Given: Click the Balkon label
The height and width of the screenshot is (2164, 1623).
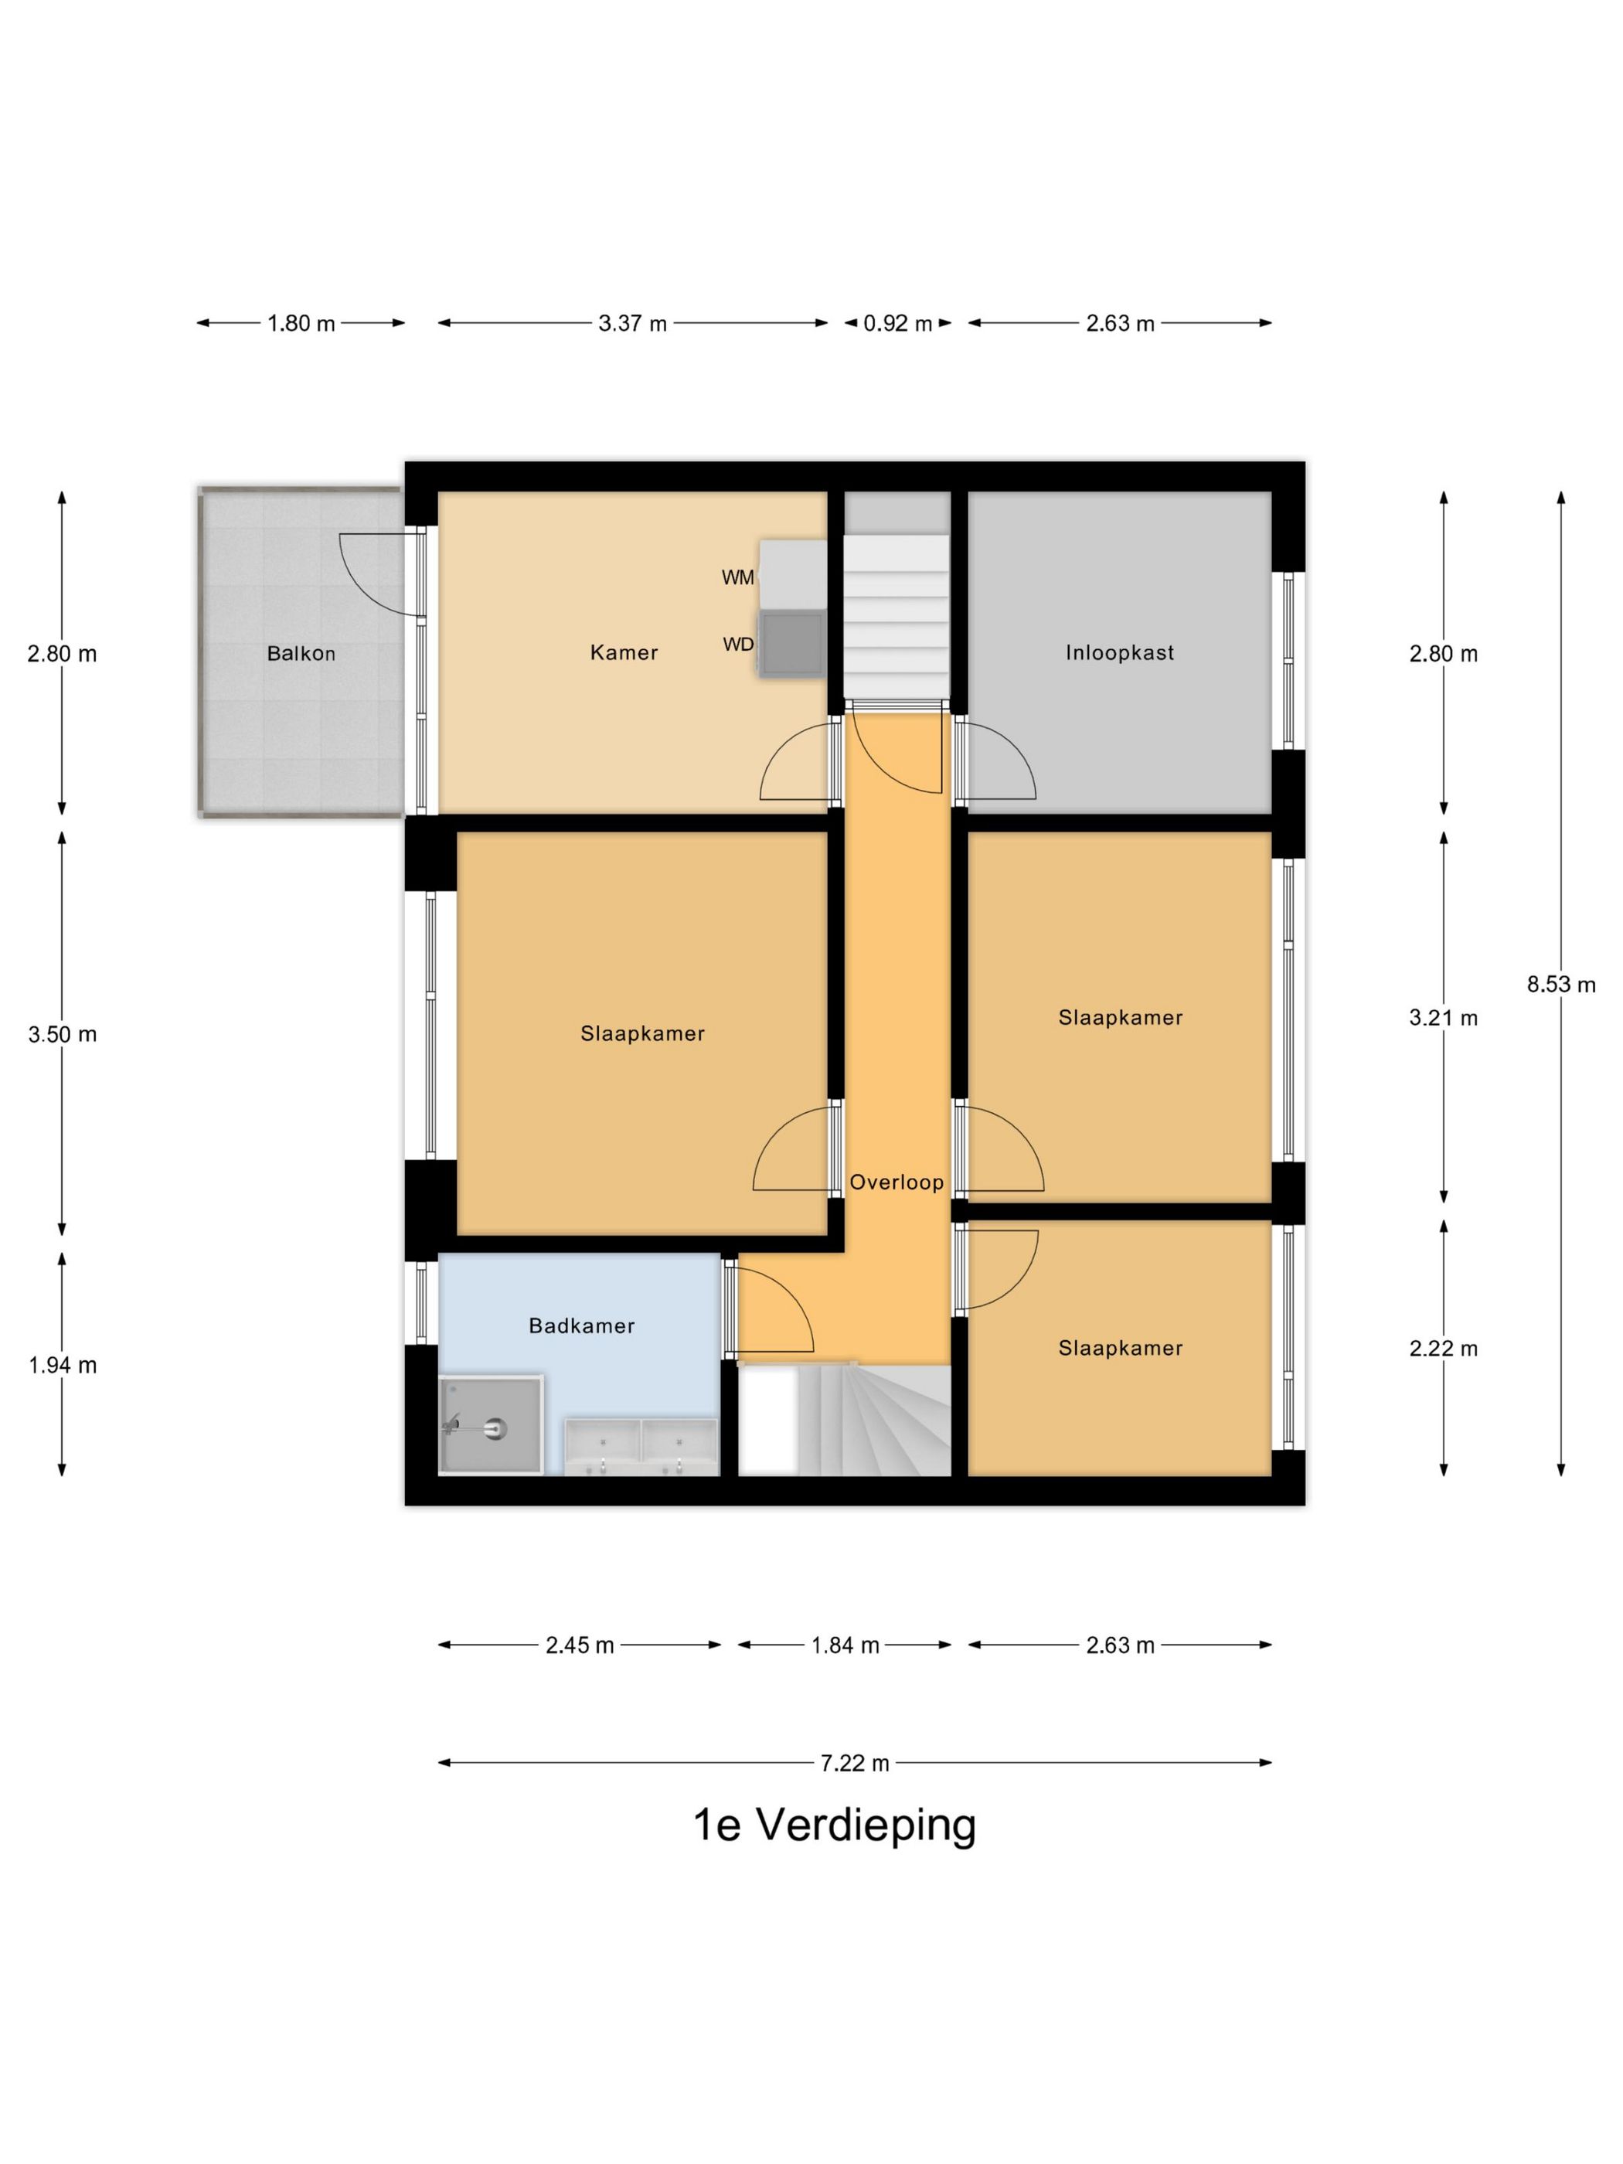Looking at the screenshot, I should [x=301, y=654].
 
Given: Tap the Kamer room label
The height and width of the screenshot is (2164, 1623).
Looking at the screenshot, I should [x=623, y=652].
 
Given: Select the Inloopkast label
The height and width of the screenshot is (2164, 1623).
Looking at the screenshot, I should [x=1119, y=652].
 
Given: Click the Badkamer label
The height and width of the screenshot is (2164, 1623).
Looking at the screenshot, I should [x=581, y=1325].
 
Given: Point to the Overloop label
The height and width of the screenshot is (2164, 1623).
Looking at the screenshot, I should [x=896, y=1182].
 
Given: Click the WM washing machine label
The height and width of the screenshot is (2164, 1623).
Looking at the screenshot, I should [x=737, y=578].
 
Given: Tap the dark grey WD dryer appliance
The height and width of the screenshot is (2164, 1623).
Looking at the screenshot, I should [x=792, y=644].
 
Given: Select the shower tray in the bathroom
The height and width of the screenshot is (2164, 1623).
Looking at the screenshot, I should [x=490, y=1424].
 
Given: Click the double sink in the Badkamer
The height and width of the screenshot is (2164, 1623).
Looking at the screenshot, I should [x=641, y=1446].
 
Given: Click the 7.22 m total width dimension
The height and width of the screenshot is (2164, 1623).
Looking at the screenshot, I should [x=854, y=1763].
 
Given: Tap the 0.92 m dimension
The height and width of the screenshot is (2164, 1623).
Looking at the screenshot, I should [x=897, y=324].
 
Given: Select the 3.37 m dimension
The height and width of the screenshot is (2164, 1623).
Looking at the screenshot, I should [x=632, y=324].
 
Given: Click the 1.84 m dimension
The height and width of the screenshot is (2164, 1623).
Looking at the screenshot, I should [x=844, y=1645].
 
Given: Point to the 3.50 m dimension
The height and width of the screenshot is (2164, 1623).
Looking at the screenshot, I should [x=62, y=1034].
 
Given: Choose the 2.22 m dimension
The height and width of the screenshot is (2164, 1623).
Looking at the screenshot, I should [x=1442, y=1348].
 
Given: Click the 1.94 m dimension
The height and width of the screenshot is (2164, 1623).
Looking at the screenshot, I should [x=62, y=1365].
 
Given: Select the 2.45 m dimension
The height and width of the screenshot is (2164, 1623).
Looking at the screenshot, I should [x=579, y=1645].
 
